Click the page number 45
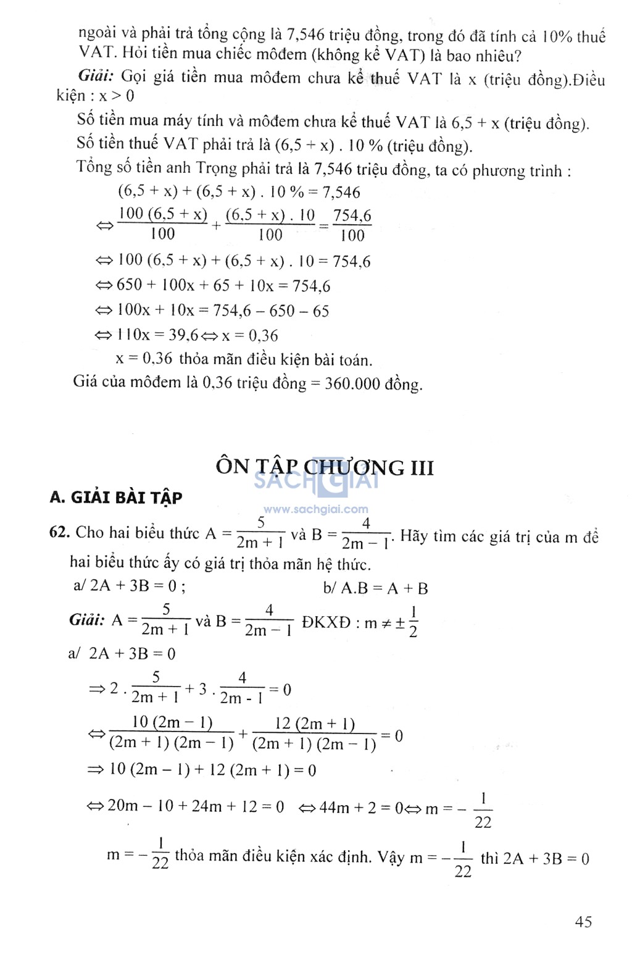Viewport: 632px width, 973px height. (583, 922)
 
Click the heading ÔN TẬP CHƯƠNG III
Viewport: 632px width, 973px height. (325, 467)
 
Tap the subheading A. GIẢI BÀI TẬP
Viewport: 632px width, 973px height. (116, 498)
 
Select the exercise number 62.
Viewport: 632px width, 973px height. (60, 533)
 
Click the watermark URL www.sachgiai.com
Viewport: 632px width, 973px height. (316, 509)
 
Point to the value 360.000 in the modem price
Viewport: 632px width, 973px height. (352, 383)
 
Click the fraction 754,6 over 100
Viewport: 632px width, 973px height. (352, 225)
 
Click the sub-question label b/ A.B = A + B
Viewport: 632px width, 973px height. (375, 588)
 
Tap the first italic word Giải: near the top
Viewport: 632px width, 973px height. (96, 77)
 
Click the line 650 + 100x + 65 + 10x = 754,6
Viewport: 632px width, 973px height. (223, 286)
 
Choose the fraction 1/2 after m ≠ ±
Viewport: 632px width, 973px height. (413, 621)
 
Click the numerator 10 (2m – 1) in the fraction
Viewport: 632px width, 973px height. (172, 722)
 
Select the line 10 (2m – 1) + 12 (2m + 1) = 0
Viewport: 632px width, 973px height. (212, 770)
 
